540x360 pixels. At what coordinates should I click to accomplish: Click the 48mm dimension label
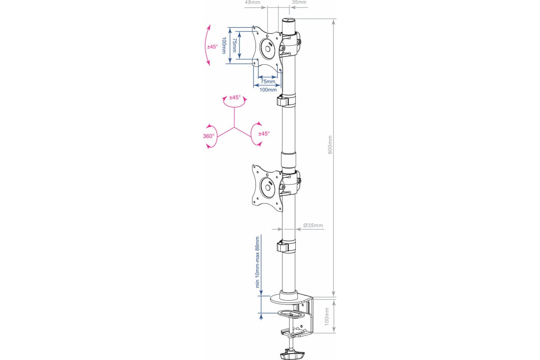coord(252,2)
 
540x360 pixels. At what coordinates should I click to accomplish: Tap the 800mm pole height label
coord(330,145)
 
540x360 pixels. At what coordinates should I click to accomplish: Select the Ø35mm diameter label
coord(313,225)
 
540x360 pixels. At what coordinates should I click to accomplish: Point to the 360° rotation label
coord(208,136)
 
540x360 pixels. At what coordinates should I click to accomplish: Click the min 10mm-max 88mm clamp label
coord(257,262)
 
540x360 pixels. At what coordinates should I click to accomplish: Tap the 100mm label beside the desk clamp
coord(327,317)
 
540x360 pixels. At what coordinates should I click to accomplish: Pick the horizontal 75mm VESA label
coord(268,81)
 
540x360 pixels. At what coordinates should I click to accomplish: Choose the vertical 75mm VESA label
coord(234,45)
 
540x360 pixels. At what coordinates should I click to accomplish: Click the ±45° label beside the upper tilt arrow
coord(212,47)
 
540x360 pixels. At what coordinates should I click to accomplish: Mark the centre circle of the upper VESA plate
coord(268,49)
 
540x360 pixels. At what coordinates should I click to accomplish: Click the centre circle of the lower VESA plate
coord(268,187)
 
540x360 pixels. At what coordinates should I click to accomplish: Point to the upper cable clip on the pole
coord(286,101)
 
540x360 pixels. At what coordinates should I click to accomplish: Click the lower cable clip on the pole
coord(286,247)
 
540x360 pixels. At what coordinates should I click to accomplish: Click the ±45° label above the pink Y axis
coord(235,97)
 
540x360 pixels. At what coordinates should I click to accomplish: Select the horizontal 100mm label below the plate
coord(268,90)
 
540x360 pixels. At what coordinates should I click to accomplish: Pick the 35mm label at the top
coord(299,2)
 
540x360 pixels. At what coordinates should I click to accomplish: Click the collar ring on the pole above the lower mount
coord(288,160)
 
